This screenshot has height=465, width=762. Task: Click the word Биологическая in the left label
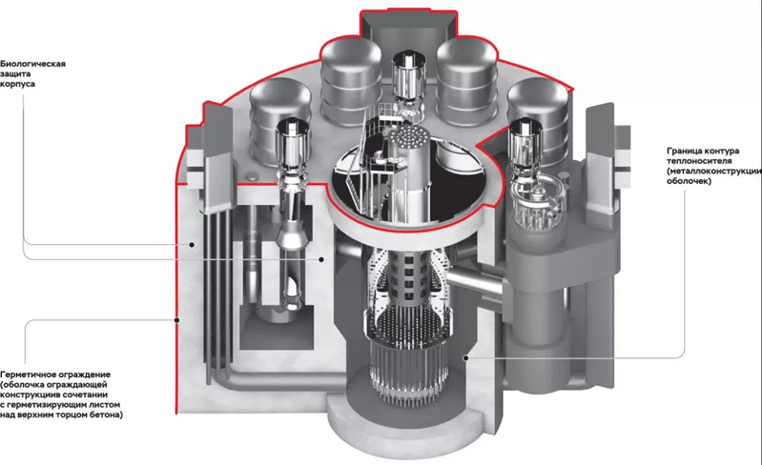(32, 64)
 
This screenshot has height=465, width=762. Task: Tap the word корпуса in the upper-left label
(17, 84)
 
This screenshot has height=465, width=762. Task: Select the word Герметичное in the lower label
(29, 374)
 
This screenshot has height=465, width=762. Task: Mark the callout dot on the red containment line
(177, 320)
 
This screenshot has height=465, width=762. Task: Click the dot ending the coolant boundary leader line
(465, 358)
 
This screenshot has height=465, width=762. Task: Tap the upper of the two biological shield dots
(192, 245)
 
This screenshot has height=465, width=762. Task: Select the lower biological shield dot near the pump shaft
(321, 260)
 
